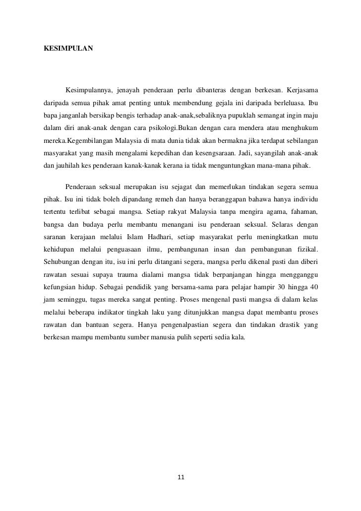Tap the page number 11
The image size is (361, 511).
[x=180, y=478]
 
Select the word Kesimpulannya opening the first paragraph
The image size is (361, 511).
[x=89, y=90]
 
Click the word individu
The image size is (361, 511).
[x=304, y=199]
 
